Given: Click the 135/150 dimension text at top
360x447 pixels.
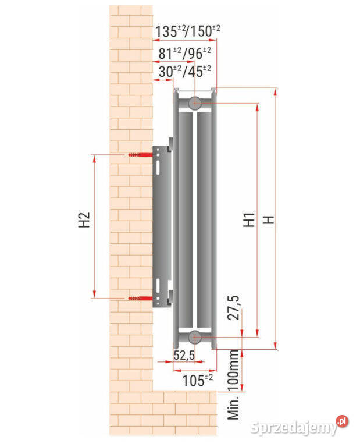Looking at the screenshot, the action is pyautogui.click(x=187, y=31).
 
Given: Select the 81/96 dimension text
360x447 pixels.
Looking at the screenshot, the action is pyautogui.click(x=184, y=54).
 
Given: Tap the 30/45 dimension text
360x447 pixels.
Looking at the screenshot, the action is pyautogui.click(x=184, y=71).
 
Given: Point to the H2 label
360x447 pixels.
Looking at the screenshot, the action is pyautogui.click(x=84, y=220).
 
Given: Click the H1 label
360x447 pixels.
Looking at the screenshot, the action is pyautogui.click(x=249, y=219).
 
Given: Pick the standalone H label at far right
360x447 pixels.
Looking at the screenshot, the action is pyautogui.click(x=268, y=220).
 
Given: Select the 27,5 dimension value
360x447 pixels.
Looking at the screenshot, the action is pyautogui.click(x=234, y=308).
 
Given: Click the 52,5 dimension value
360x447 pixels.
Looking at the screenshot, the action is pyautogui.click(x=184, y=355).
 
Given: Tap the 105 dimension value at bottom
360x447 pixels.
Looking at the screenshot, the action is pyautogui.click(x=197, y=380).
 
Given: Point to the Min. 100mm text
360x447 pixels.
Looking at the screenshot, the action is pyautogui.click(x=233, y=385).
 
